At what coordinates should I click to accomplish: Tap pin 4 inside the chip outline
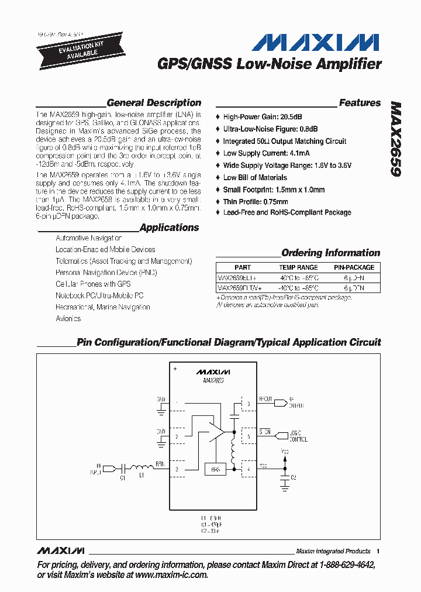[x=248, y=469]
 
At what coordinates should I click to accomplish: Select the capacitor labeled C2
[x=285, y=478]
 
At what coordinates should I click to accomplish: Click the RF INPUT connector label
[x=95, y=469]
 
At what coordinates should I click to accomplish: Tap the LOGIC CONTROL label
[x=298, y=436]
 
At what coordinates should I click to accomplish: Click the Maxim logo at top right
[x=315, y=43]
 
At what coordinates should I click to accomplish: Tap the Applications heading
[x=169, y=228]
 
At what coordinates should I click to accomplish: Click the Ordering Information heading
[x=330, y=253]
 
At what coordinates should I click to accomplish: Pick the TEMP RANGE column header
[x=299, y=267]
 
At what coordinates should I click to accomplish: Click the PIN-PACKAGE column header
[x=354, y=267]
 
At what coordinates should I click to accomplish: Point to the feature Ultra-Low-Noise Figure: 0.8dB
[x=270, y=129]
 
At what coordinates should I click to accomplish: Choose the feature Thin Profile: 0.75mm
[x=256, y=202]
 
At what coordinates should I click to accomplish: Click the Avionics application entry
[x=68, y=319]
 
